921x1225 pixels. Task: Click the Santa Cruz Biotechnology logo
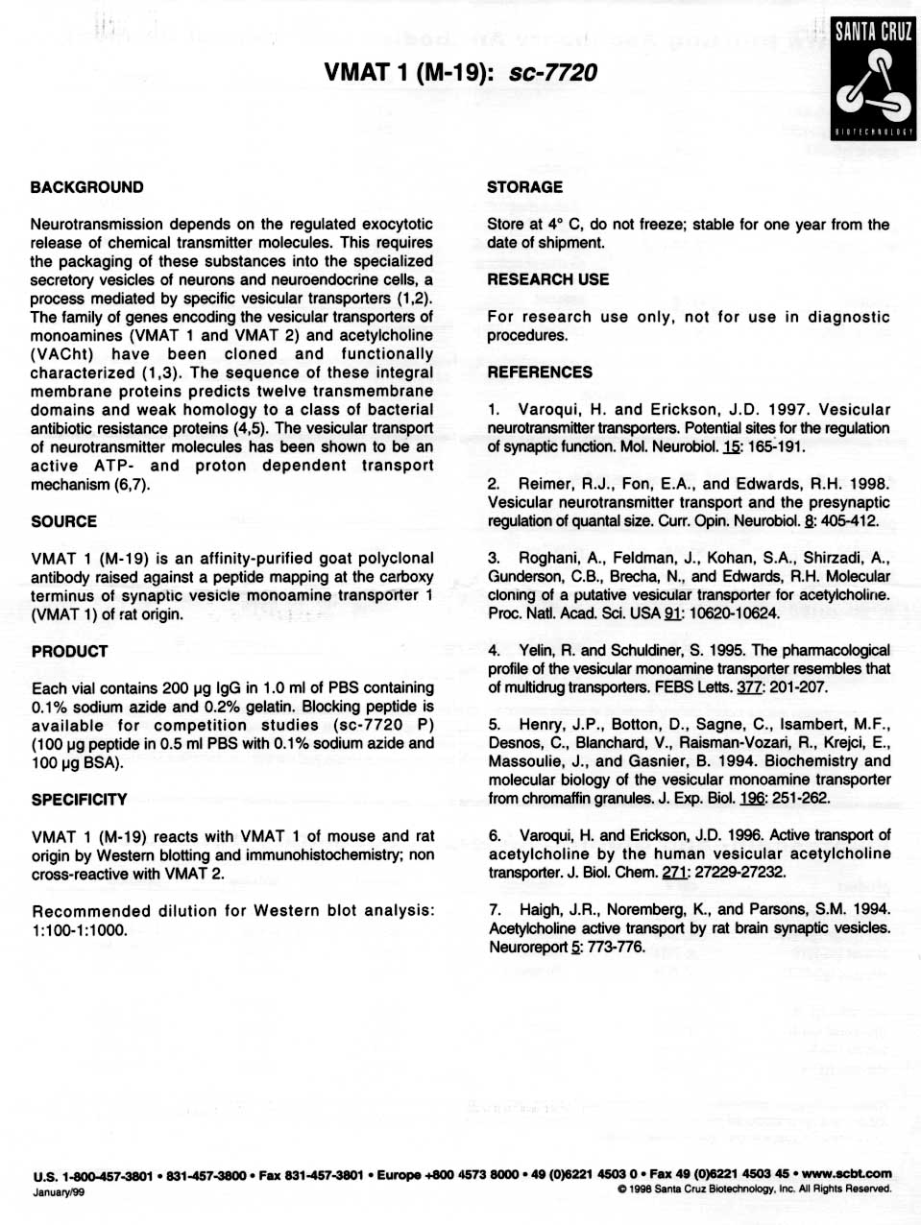(x=872, y=79)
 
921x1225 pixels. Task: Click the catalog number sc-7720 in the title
(x=553, y=73)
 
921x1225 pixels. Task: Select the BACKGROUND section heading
(x=86, y=187)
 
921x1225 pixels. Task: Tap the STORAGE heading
(x=524, y=187)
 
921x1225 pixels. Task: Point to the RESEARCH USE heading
(x=547, y=279)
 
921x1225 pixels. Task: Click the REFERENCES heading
(x=539, y=372)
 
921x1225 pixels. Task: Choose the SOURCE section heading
(x=63, y=521)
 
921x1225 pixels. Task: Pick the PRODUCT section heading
(x=69, y=651)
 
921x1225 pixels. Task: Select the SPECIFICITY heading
(x=79, y=800)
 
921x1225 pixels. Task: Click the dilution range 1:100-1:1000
(x=79, y=930)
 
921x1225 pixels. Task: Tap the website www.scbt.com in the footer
(x=846, y=1173)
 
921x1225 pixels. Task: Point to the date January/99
(x=59, y=1192)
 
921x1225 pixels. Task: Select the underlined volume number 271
(x=673, y=873)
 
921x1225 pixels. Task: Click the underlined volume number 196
(x=752, y=799)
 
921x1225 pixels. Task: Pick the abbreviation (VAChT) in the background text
(x=61, y=354)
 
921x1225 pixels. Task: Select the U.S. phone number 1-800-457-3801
(x=107, y=1175)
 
